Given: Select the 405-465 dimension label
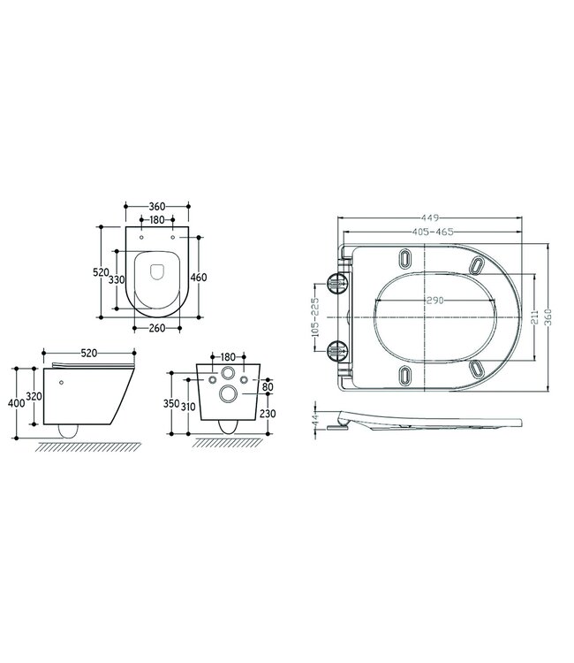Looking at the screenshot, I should [x=433, y=232].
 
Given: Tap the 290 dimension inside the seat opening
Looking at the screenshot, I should [x=435, y=301].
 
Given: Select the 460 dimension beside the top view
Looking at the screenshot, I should [x=199, y=278].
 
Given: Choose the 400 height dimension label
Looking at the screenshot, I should [x=12, y=402].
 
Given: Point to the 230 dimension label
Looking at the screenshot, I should [x=270, y=413].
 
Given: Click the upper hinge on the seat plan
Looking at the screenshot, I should [x=338, y=281].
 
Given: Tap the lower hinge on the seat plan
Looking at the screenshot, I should [x=338, y=350].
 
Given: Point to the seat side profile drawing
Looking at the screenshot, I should [x=424, y=421].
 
